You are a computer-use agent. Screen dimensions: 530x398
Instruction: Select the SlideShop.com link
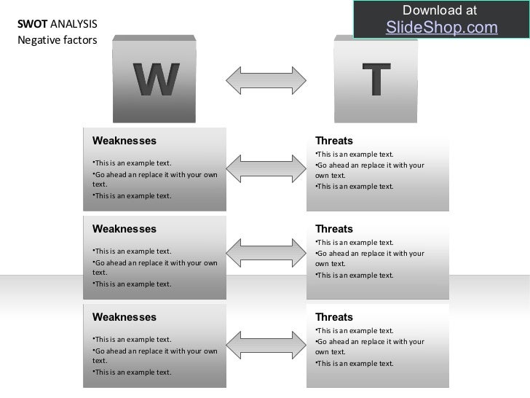pos(441,28)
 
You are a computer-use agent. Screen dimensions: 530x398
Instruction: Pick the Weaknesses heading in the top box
pos(124,141)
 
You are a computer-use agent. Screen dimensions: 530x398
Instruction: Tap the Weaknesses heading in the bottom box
pos(124,318)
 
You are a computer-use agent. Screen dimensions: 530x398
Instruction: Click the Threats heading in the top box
pos(334,141)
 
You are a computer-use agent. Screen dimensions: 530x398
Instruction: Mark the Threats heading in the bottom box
pos(334,318)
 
